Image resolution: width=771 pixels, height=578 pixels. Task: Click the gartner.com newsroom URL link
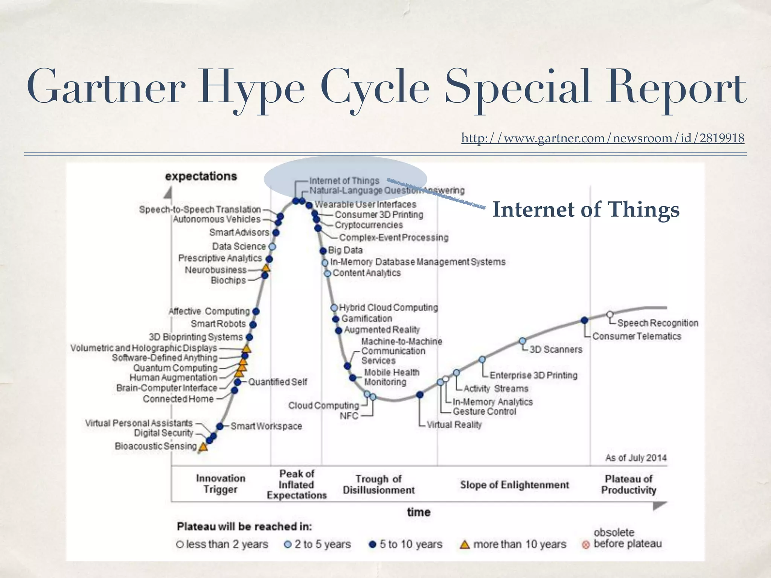[x=602, y=138]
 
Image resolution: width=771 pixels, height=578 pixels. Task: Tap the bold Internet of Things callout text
[x=586, y=210]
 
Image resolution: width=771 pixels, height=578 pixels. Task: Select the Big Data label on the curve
[x=345, y=250]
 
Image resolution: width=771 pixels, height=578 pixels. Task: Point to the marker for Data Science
[x=272, y=247]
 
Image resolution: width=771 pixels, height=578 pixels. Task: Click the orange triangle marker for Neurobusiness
[x=266, y=268]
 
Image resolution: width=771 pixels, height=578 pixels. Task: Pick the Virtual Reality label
[x=454, y=425]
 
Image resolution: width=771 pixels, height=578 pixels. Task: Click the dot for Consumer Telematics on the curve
[x=584, y=320]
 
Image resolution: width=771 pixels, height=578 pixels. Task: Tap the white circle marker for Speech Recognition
[x=610, y=314]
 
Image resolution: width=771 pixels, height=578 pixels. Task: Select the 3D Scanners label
[x=556, y=350]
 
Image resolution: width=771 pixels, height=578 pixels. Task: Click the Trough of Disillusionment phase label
[x=379, y=485]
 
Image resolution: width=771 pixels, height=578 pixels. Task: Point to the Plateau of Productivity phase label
[x=628, y=485]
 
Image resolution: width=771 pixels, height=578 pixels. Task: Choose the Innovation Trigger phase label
[x=221, y=484]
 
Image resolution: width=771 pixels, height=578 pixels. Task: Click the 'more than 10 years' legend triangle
[x=465, y=545]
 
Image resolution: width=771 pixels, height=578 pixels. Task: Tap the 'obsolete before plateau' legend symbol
[x=586, y=545]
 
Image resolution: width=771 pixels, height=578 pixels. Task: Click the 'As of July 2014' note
[x=635, y=458]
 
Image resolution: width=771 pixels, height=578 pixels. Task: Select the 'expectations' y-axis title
[x=201, y=176]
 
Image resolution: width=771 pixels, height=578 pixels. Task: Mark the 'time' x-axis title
[x=419, y=512]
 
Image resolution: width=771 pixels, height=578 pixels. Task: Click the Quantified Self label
[x=277, y=382]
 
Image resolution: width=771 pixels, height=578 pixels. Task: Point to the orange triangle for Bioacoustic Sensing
[x=203, y=447]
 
